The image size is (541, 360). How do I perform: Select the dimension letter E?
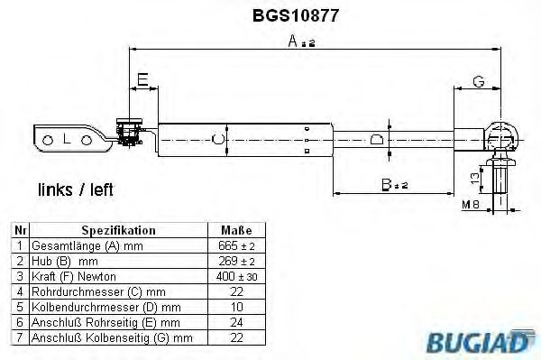[142, 81]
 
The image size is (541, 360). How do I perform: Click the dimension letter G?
[479, 82]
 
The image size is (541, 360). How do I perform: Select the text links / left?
[76, 191]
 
